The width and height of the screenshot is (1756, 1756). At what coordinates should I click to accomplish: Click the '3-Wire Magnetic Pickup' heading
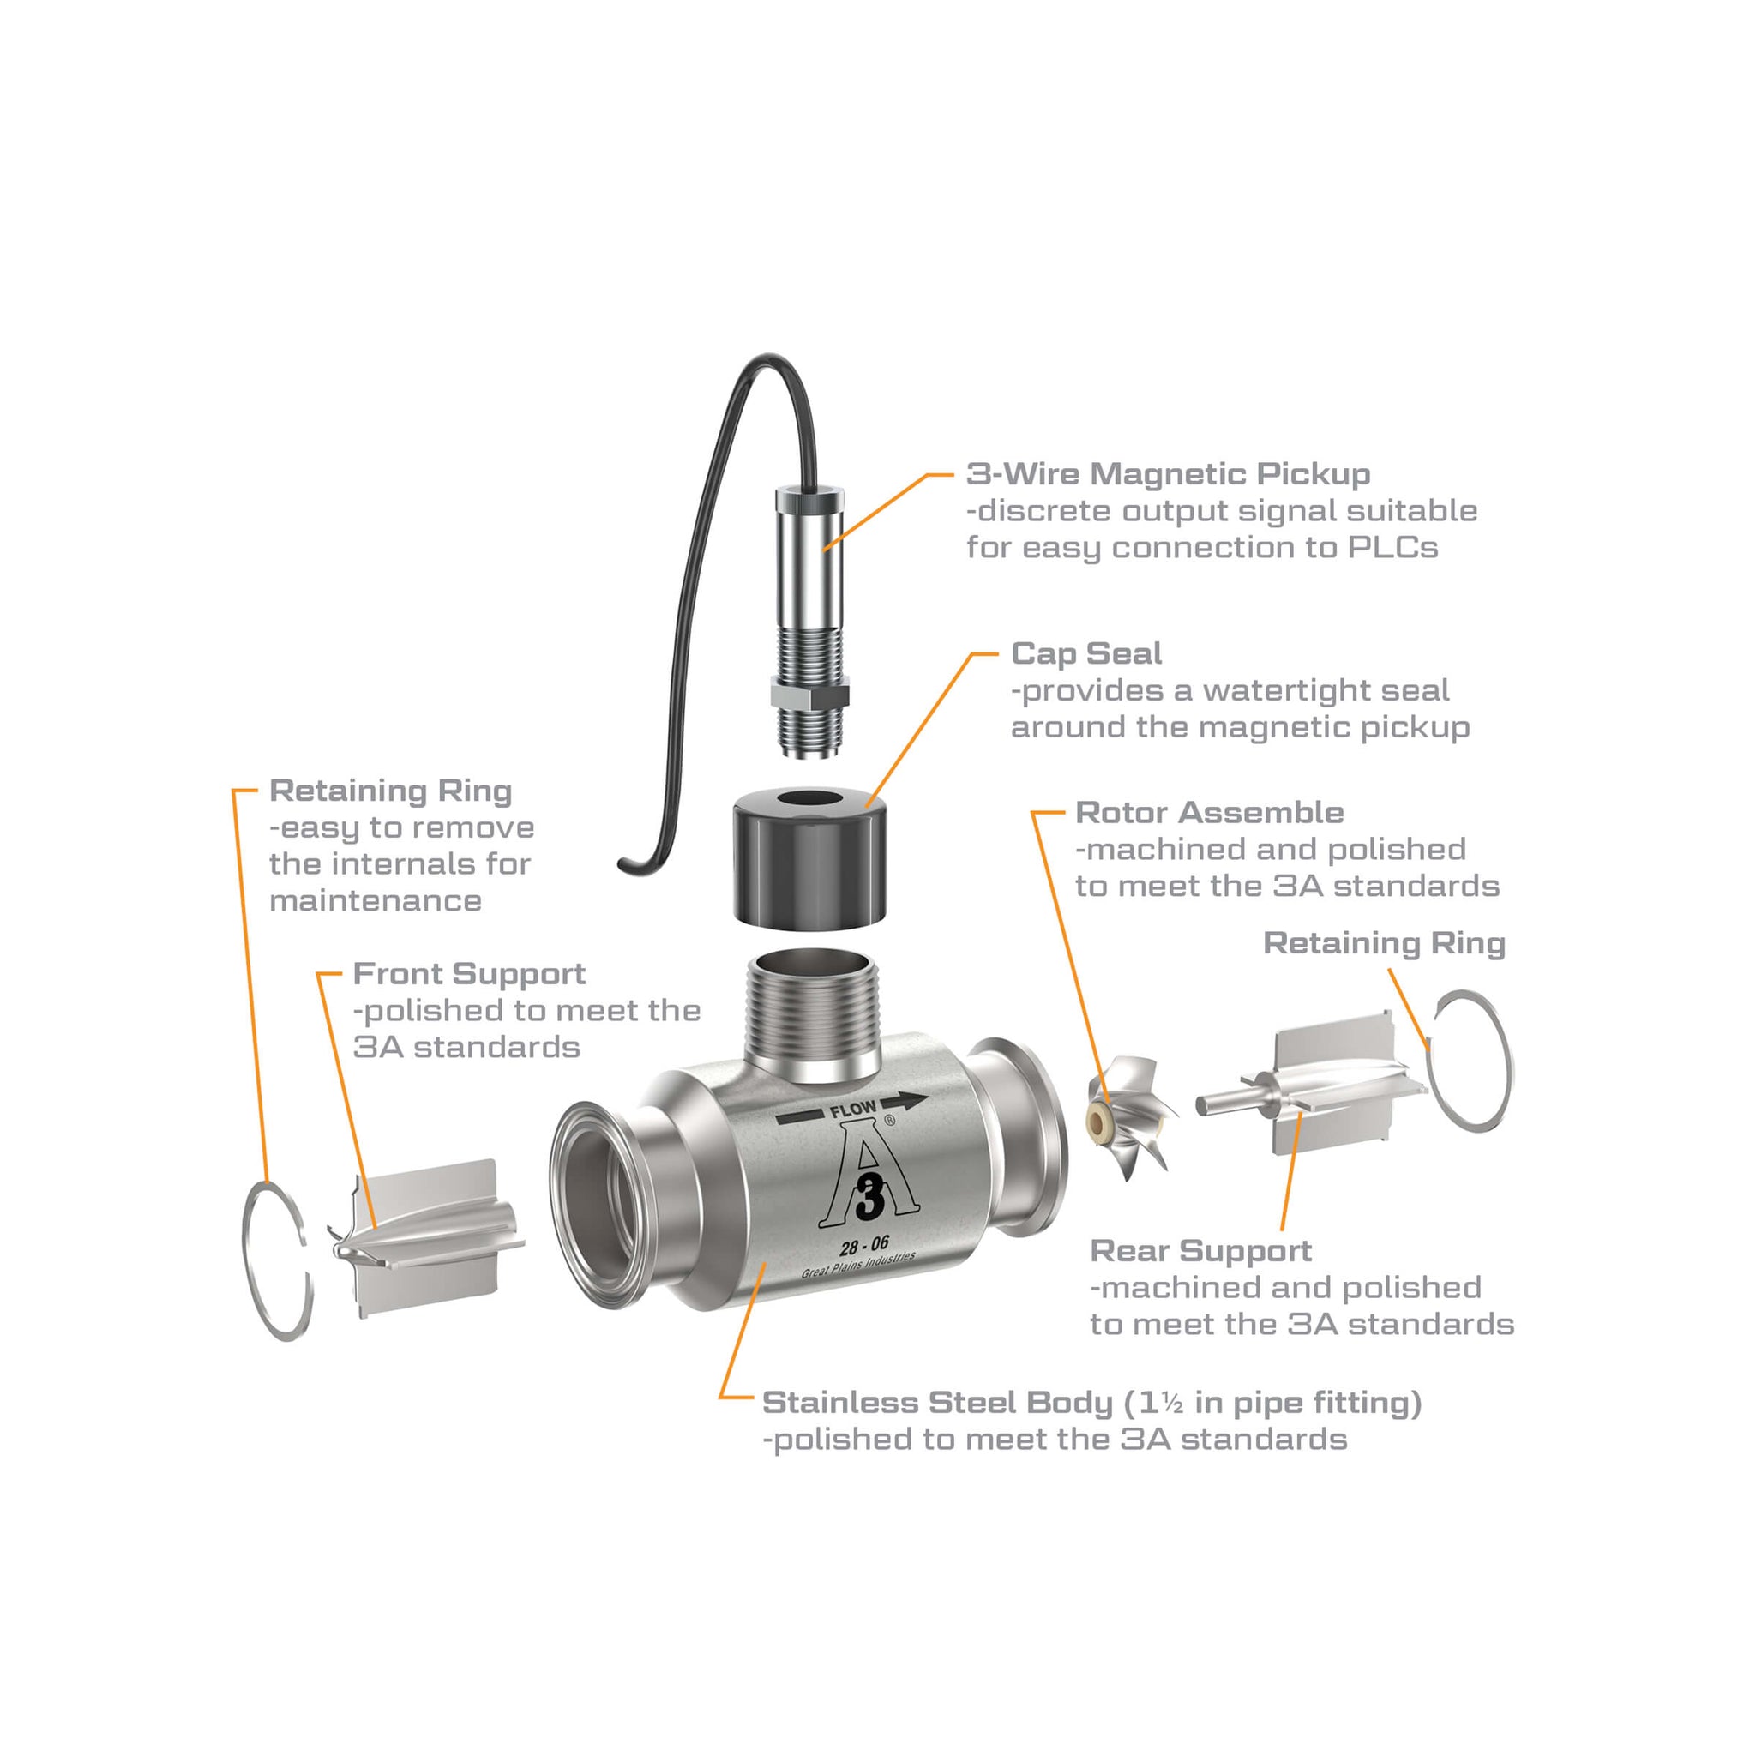pyautogui.click(x=1168, y=473)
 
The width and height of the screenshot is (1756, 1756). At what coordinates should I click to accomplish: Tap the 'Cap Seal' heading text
pyautogui.click(x=1086, y=653)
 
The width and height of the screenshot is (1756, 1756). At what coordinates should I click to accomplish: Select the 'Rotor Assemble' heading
pyautogui.click(x=1209, y=812)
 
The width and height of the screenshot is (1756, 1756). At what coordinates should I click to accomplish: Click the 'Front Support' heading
pyautogui.click(x=469, y=974)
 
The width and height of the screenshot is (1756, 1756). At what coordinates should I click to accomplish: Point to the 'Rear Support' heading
pyautogui.click(x=1200, y=1251)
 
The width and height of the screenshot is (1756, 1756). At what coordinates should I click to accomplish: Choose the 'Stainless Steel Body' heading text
pyautogui.click(x=937, y=1403)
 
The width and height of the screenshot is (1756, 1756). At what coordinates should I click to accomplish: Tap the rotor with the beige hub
pyautogui.click(x=1130, y=1117)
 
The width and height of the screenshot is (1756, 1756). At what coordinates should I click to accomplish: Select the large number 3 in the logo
pyautogui.click(x=869, y=1196)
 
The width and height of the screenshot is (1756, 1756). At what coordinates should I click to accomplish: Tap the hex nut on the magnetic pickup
pyautogui.click(x=809, y=696)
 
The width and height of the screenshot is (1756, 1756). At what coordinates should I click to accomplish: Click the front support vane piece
pyautogui.click(x=427, y=1238)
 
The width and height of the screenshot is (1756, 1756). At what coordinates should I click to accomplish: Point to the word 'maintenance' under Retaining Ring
pyautogui.click(x=376, y=901)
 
